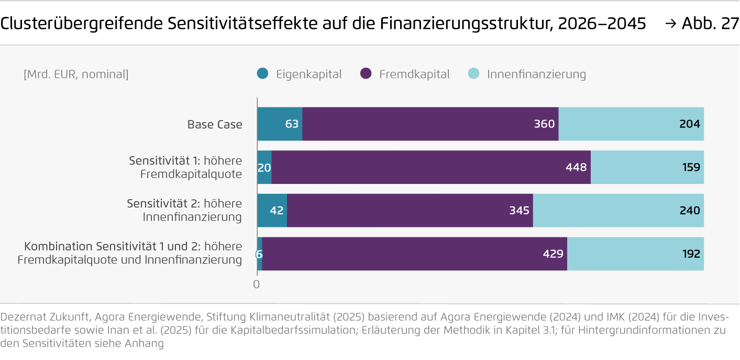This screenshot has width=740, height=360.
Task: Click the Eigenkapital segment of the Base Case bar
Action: pyautogui.click(x=279, y=124)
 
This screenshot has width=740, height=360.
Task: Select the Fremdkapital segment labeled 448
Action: pyautogui.click(x=430, y=167)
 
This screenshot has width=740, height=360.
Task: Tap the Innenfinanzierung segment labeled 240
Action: pyautogui.click(x=618, y=210)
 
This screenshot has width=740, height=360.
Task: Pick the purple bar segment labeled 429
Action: pyautogui.click(x=414, y=254)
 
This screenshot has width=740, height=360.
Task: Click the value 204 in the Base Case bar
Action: pyautogui.click(x=690, y=124)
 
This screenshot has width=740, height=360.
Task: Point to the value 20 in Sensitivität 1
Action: pyautogui.click(x=264, y=168)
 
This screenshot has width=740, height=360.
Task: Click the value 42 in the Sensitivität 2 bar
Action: pyautogui.click(x=277, y=211)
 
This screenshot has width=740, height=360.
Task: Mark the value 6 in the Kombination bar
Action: pyautogui.click(x=259, y=254)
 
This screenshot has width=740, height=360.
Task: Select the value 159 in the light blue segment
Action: pyautogui.click(x=690, y=168)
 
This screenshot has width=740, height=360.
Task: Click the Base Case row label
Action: pyautogui.click(x=215, y=125)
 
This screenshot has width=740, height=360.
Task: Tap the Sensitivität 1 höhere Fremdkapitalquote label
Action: pyautogui.click(x=185, y=167)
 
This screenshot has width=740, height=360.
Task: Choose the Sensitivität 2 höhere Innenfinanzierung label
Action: pyautogui.click(x=184, y=210)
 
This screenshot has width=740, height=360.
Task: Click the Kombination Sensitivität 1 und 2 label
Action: pyautogui.click(x=130, y=253)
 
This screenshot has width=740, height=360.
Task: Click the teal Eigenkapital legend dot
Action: pyautogui.click(x=263, y=74)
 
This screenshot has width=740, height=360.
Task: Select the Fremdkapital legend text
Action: pyautogui.click(x=414, y=74)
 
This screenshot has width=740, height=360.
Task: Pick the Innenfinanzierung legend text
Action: pyautogui.click(x=536, y=74)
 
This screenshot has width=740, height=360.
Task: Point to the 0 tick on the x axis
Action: pyautogui.click(x=257, y=285)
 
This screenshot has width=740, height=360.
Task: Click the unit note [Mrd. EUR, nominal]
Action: pyautogui.click(x=76, y=74)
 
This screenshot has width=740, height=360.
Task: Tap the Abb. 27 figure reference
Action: pyautogui.click(x=710, y=24)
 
